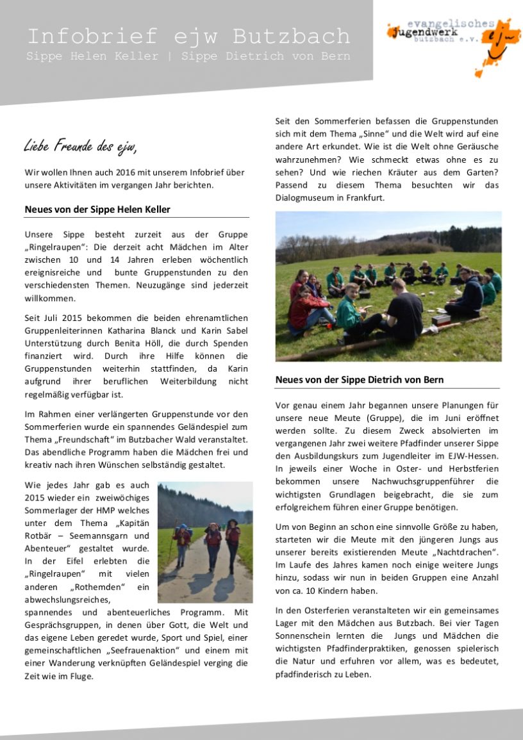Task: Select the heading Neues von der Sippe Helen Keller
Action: click(97, 210)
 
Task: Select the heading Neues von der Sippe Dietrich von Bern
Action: click(360, 379)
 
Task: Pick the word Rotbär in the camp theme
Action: click(37, 536)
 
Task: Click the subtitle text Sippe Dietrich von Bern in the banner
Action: click(265, 56)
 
